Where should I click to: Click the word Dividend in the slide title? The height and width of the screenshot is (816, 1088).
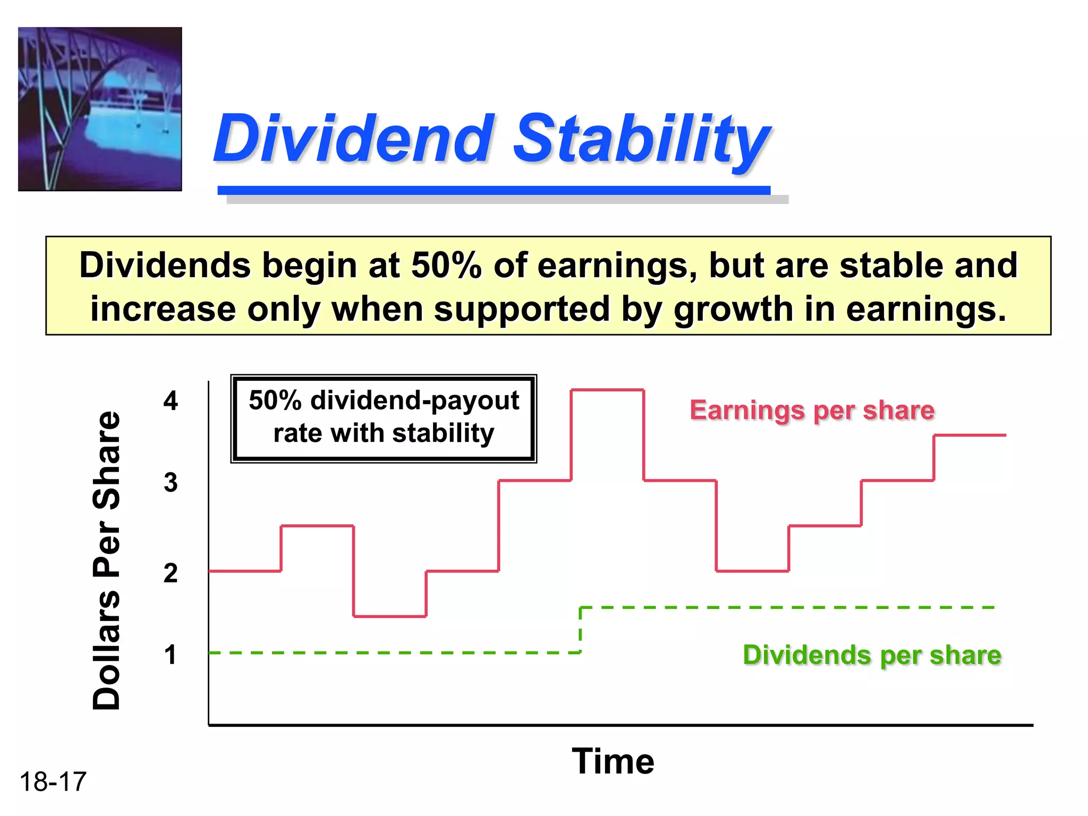(353, 139)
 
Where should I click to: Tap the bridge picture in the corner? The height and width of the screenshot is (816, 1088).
(100, 109)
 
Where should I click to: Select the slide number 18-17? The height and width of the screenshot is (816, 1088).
(53, 782)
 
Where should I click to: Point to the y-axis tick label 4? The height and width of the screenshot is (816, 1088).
(171, 401)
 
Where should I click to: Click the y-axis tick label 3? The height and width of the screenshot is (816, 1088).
(171, 483)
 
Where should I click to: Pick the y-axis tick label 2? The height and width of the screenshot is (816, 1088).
(171, 573)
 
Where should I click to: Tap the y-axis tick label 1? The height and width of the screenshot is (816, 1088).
(171, 655)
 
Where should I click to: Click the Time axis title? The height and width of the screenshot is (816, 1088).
(613, 761)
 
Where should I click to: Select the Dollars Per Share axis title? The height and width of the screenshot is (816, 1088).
(106, 560)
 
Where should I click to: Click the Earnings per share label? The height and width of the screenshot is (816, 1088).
(812, 411)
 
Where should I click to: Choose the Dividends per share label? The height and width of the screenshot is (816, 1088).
(872, 655)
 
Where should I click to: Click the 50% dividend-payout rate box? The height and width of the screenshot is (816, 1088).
(384, 418)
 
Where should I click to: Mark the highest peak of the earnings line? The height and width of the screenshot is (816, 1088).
(607, 390)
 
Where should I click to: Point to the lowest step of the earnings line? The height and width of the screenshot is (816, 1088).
(389, 616)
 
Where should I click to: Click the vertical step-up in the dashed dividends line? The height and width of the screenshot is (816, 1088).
(580, 630)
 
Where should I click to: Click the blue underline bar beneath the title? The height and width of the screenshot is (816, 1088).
(494, 190)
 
